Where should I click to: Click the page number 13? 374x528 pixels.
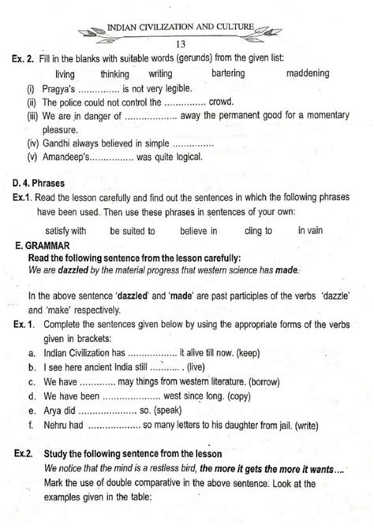181,44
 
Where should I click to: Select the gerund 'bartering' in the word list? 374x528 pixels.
228,73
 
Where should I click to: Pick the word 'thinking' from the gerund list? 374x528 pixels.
120,73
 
